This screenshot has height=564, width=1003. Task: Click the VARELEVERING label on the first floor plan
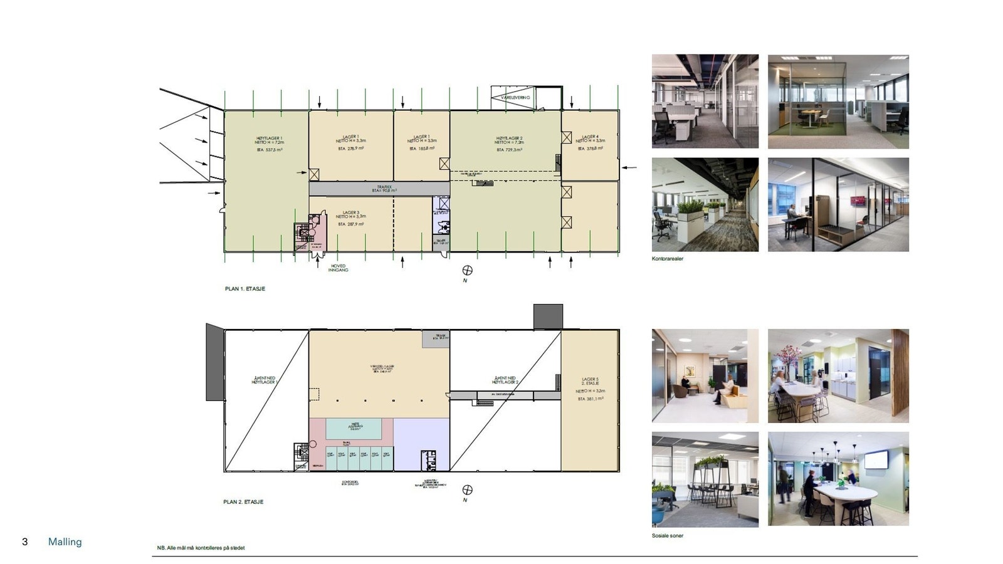[515, 98]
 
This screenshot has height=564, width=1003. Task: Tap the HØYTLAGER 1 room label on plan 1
[269, 140]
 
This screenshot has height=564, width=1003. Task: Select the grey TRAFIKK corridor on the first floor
[379, 188]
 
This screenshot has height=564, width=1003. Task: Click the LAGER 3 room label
[351, 213]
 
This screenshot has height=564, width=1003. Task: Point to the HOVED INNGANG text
[338, 268]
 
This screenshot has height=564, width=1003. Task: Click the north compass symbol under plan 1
[467, 271]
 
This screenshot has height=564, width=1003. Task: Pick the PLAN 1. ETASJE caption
[244, 289]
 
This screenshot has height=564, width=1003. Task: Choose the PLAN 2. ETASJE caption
[243, 502]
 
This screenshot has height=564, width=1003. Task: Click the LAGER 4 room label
[590, 137]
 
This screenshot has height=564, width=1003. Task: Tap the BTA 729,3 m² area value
[509, 150]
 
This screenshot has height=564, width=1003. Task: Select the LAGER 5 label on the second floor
[590, 380]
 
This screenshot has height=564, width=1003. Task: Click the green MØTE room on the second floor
[354, 429]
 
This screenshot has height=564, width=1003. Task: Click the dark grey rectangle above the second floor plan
[548, 316]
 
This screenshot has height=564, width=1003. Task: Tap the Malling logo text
[65, 542]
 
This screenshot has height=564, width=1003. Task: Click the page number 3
[25, 542]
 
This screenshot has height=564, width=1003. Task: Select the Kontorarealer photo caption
[667, 259]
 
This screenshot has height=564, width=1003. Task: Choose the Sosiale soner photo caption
[667, 536]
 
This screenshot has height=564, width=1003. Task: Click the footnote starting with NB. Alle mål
[201, 548]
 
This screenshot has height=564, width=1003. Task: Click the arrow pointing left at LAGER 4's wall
[629, 167]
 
